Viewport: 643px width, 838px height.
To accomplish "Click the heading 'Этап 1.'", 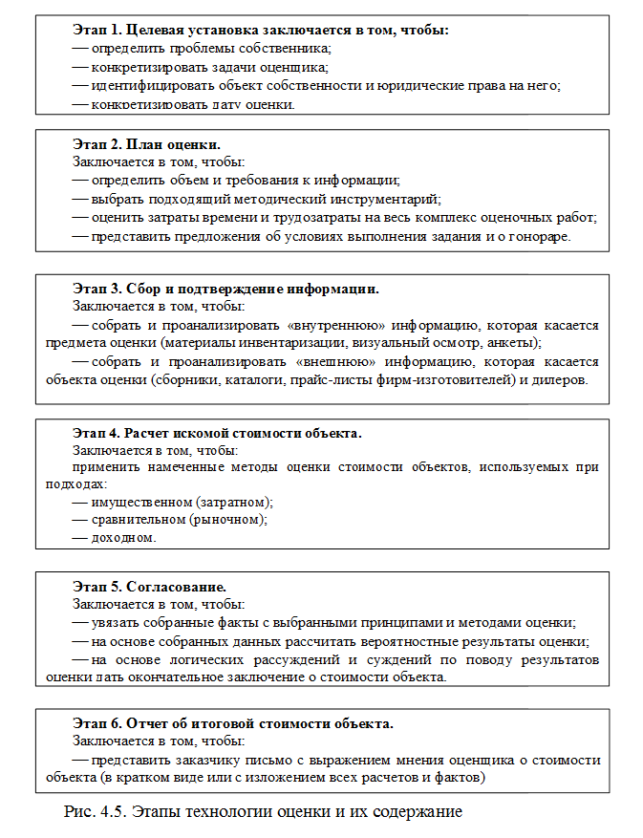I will [101, 30].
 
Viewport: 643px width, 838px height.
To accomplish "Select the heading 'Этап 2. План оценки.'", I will [146, 145].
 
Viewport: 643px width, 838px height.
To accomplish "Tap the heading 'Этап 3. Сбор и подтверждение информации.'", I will [225, 289].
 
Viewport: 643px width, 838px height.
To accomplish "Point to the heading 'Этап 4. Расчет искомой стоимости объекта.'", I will [217, 433].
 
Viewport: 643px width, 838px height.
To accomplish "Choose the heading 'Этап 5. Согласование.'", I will [149, 585].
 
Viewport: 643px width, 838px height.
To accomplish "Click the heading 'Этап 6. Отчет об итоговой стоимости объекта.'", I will [232, 722].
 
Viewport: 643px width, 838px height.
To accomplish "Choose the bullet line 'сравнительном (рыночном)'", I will [178, 520].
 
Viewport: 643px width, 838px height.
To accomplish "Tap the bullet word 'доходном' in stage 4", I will [122, 538].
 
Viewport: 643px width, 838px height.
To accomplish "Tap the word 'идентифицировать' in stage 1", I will [147, 84].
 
